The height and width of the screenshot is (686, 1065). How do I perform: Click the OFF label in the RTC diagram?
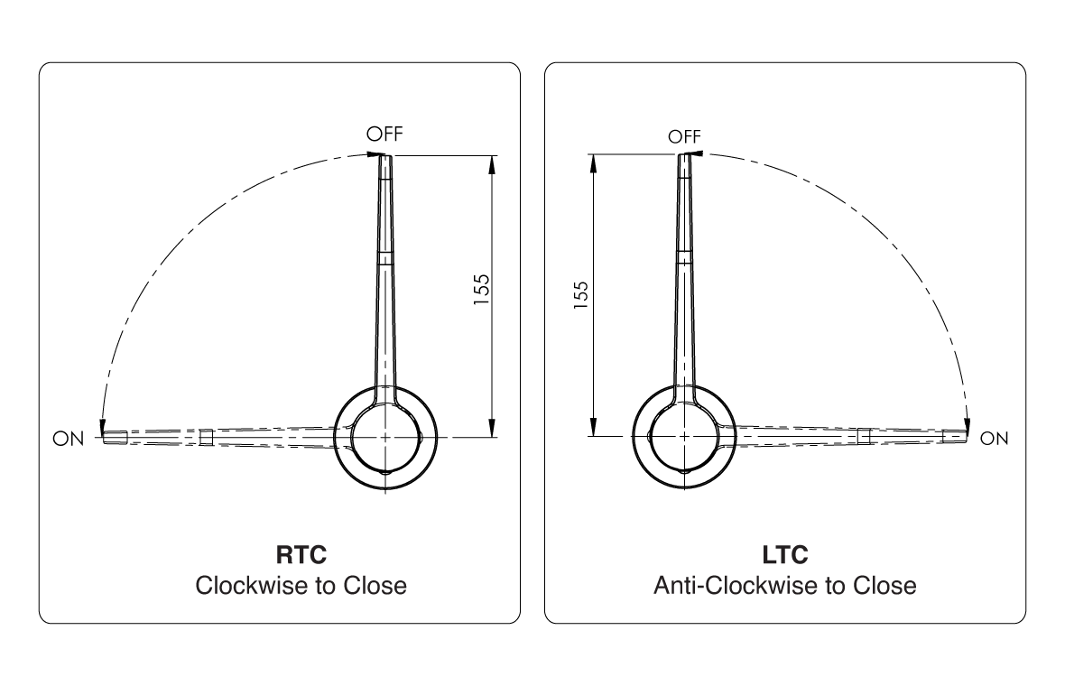pyautogui.click(x=384, y=134)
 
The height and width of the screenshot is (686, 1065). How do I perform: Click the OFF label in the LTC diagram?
pyautogui.click(x=684, y=136)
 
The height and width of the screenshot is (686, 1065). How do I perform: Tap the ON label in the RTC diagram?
pyautogui.click(x=69, y=439)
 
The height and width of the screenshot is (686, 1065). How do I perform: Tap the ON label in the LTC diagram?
pyautogui.click(x=994, y=439)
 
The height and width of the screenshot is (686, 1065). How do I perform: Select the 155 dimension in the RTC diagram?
pyautogui.click(x=481, y=290)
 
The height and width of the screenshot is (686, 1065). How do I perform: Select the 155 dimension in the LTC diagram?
pyautogui.click(x=580, y=295)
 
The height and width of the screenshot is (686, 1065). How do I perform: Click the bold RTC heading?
pyautogui.click(x=301, y=555)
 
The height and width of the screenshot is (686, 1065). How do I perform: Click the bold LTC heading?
pyautogui.click(x=785, y=555)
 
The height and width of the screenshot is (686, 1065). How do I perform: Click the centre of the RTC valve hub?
pyautogui.click(x=385, y=437)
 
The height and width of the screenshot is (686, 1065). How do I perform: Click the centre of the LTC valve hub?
pyautogui.click(x=684, y=437)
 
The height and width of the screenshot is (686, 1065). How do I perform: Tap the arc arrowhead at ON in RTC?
pyautogui.click(x=103, y=428)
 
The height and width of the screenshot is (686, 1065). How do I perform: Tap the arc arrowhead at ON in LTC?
pyautogui.click(x=967, y=427)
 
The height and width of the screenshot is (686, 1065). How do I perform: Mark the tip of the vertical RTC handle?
pyautogui.click(x=385, y=156)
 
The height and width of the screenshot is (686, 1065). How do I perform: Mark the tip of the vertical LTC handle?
pyautogui.click(x=685, y=155)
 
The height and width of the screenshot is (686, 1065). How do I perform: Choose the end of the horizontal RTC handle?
pyautogui.click(x=104, y=438)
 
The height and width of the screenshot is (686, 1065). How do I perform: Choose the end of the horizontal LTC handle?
pyautogui.click(x=966, y=437)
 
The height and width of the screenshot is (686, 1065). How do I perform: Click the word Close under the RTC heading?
pyautogui.click(x=375, y=586)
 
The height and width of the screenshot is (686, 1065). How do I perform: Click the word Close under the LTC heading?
pyautogui.click(x=884, y=586)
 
